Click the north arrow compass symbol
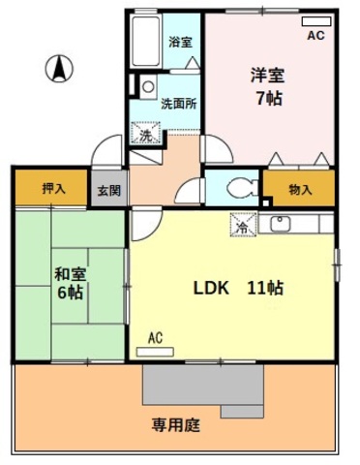[x=59, y=69]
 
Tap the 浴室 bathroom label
[x=181, y=43]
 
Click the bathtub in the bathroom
[x=146, y=41]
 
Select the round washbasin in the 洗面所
[x=148, y=86]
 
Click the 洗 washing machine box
[x=145, y=133]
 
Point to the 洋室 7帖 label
[x=268, y=86]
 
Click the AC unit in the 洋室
[x=316, y=21]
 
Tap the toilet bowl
[x=242, y=188]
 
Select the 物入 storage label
[x=300, y=189]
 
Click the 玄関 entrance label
[x=109, y=190]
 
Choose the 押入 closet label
[x=54, y=188]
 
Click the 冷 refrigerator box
[x=244, y=225]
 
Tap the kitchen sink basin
[x=281, y=224]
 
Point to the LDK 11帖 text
[x=238, y=288]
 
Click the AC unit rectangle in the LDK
[x=155, y=352]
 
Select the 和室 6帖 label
[x=70, y=283]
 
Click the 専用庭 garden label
[x=176, y=425]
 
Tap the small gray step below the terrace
[x=242, y=412]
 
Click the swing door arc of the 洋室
[x=224, y=146]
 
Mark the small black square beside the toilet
[x=266, y=203]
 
